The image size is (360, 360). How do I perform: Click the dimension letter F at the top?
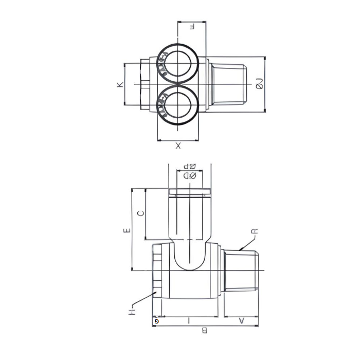(x=192, y=26)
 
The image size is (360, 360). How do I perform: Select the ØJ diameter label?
(x=260, y=83)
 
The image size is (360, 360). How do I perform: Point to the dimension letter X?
(x=178, y=146)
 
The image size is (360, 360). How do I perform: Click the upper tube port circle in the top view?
(x=178, y=63)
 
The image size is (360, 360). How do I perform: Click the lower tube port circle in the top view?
(x=178, y=105)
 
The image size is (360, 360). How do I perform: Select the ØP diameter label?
(x=190, y=167)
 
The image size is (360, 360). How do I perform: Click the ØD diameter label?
(x=190, y=176)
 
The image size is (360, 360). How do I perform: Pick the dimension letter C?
(x=141, y=213)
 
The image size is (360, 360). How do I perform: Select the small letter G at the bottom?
(x=156, y=321)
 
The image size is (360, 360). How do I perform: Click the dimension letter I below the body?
(x=188, y=320)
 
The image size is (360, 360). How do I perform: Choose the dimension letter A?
(x=241, y=320)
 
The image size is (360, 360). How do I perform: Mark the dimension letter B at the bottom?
(x=205, y=331)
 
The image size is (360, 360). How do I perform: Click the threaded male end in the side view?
(x=241, y=271)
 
